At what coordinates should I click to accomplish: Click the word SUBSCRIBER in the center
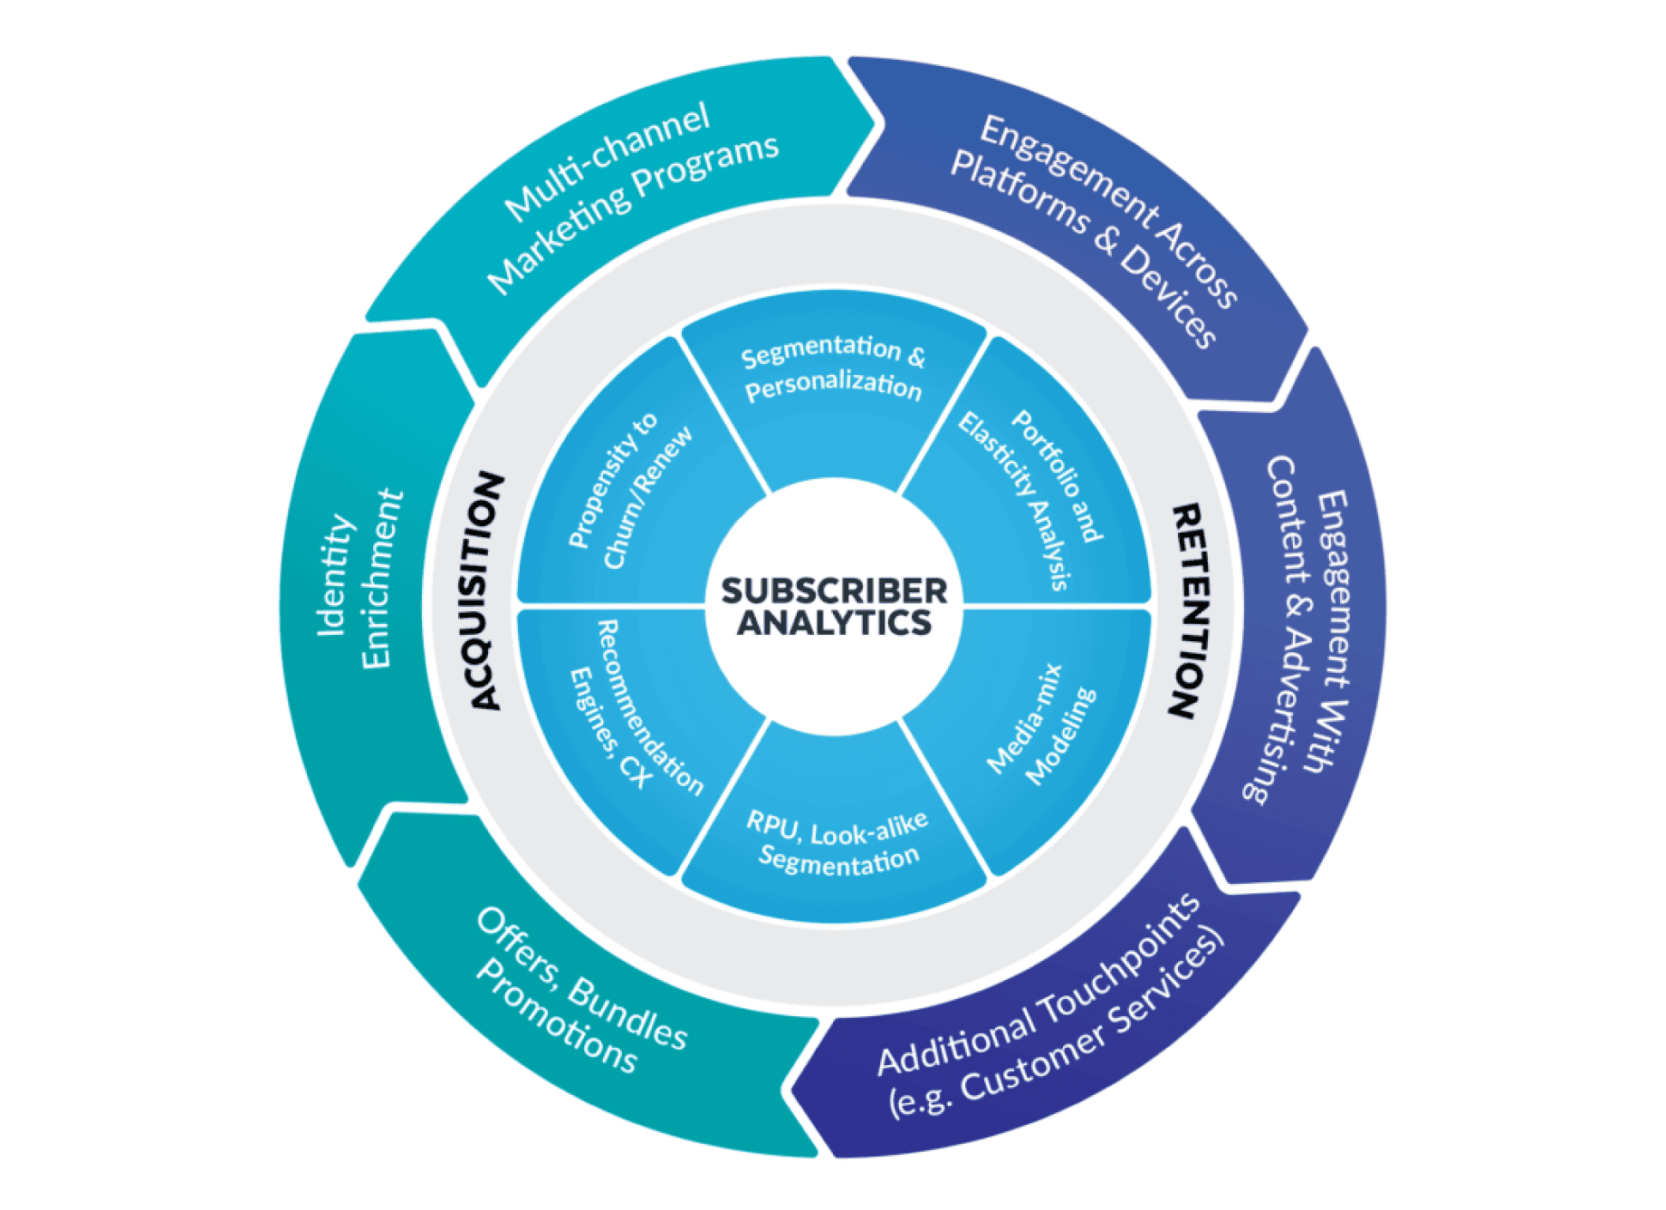click(834, 591)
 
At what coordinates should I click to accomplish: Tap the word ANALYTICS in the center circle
click(834, 623)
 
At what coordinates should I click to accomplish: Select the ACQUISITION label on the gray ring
click(485, 591)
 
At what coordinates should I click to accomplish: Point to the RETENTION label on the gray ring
click(1188, 611)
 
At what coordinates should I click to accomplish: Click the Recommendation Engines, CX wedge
click(632, 715)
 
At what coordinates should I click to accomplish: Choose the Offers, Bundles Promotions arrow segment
click(579, 996)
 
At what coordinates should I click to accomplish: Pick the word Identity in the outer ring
click(335, 575)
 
